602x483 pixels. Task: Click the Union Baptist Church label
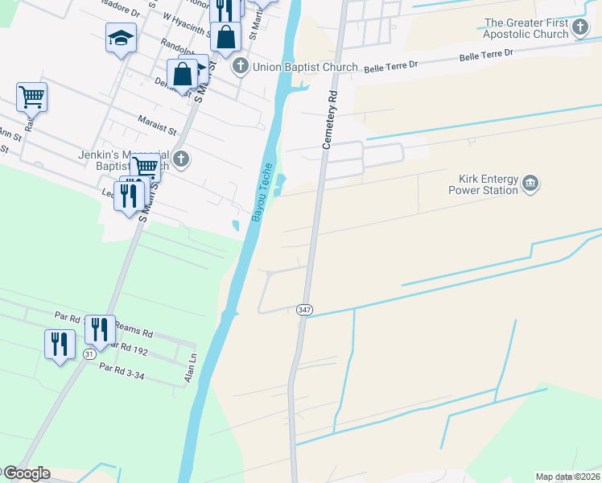(305, 67)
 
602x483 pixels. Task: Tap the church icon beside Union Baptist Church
(240, 66)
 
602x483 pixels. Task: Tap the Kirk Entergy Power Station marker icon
(530, 184)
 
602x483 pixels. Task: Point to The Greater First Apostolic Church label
(527, 29)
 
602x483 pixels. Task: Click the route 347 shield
(304, 310)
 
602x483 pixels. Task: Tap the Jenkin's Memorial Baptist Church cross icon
(181, 159)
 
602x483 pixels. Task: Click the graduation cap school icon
(121, 37)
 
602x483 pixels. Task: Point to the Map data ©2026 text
(568, 477)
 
